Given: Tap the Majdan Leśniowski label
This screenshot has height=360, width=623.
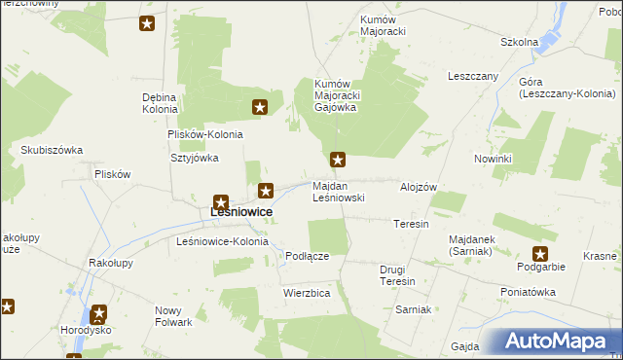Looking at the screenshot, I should point(339,191).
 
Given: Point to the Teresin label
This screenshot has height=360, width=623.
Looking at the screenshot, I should point(411,224).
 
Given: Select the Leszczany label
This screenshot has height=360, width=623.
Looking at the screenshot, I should point(473,76).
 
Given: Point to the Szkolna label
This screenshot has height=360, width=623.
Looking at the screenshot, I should point(519,42).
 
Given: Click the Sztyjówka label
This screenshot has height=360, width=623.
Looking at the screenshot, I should point(195,158).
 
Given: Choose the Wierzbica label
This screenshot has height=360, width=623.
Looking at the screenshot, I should point(307,292).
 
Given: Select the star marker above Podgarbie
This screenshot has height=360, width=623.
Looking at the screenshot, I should point(540,254).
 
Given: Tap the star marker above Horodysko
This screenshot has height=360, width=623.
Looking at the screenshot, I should point(98,315).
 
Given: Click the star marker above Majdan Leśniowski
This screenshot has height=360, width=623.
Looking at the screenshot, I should point(338,159).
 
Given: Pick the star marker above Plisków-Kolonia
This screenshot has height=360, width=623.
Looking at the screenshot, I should point(260,108).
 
